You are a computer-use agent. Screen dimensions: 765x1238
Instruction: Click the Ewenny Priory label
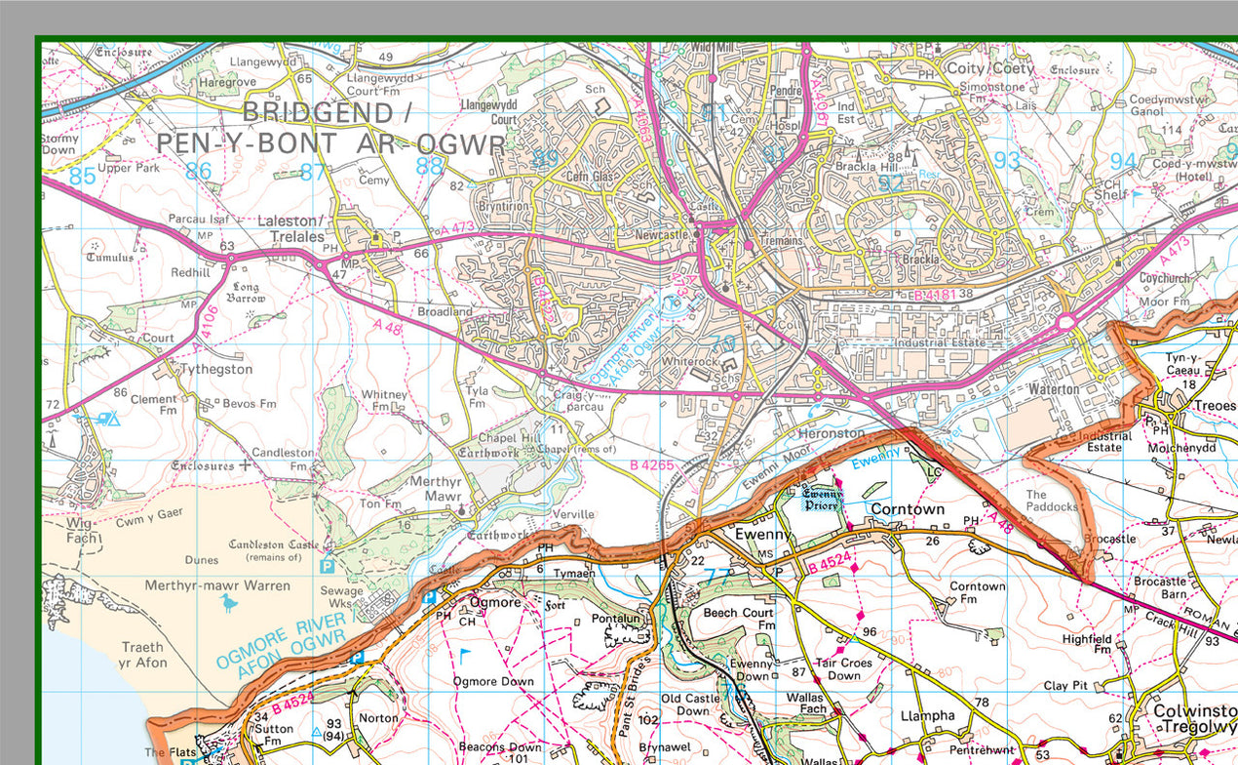pyautogui.click(x=822, y=500)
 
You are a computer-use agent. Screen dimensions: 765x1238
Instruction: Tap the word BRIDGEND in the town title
pyautogui.click(x=317, y=112)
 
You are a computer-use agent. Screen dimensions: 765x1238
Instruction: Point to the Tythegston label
pyautogui.click(x=215, y=370)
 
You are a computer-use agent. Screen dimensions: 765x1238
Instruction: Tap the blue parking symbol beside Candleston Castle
pyautogui.click(x=327, y=565)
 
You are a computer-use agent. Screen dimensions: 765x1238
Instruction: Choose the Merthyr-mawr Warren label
pyautogui.click(x=217, y=585)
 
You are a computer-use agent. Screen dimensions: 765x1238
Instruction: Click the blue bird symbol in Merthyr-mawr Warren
pyautogui.click(x=229, y=604)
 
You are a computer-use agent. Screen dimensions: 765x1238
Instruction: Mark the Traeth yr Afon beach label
pyautogui.click(x=143, y=655)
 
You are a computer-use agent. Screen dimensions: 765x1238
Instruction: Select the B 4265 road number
pyautogui.click(x=652, y=465)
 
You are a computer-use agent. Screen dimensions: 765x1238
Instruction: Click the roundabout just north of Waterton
pyautogui.click(x=1065, y=321)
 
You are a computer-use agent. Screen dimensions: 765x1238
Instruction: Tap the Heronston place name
pyautogui.click(x=831, y=432)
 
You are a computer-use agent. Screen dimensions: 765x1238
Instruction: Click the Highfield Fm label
pyautogui.click(x=1088, y=644)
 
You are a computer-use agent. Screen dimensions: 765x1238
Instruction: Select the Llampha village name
pyautogui.click(x=927, y=715)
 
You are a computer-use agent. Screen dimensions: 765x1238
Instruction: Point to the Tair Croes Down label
pyautogui.click(x=844, y=668)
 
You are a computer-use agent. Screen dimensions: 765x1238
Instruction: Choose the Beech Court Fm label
pyautogui.click(x=738, y=619)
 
